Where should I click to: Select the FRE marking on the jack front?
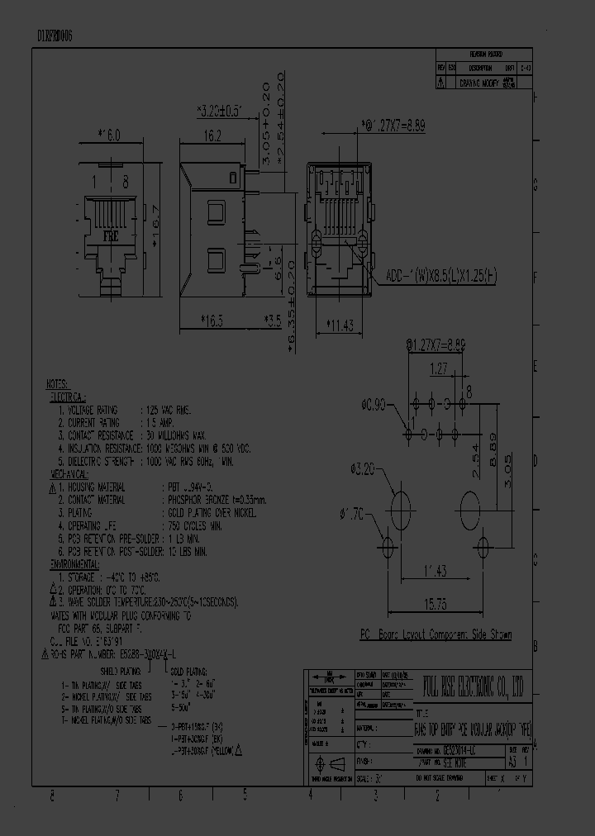pyautogui.click(x=110, y=235)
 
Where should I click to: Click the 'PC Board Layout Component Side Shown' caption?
pyautogui.click(x=435, y=634)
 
